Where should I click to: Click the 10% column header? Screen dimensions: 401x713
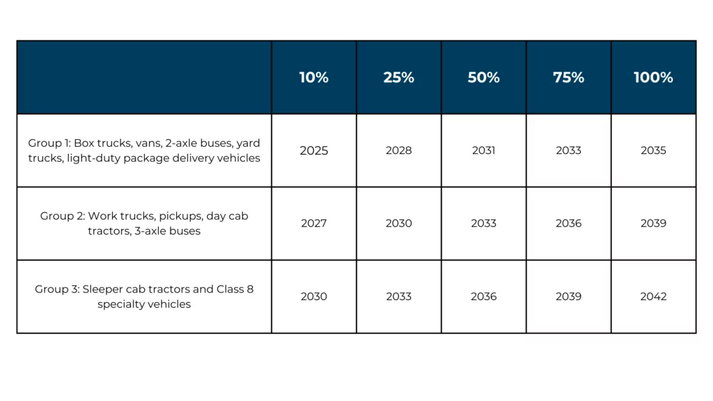tap(313, 77)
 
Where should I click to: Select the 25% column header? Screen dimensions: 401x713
tap(398, 77)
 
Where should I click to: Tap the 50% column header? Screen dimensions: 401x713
tap(483, 77)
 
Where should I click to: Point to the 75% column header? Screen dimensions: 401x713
tap(568, 77)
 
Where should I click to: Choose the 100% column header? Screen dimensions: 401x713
tap(653, 77)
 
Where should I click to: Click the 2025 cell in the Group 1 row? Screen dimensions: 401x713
tap(313, 150)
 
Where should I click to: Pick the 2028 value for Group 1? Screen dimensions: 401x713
tap(398, 150)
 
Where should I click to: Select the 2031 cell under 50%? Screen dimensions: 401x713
tap(483, 150)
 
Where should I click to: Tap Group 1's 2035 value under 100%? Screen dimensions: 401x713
tap(653, 150)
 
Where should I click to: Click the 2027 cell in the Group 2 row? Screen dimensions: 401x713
tap(313, 223)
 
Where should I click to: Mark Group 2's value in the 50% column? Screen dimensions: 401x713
tap(483, 223)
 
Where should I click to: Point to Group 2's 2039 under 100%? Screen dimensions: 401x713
tap(653, 223)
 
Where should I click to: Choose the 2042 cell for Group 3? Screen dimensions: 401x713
tap(653, 297)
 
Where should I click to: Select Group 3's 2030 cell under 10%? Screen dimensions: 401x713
tap(313, 297)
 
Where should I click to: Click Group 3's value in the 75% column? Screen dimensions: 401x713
tap(568, 297)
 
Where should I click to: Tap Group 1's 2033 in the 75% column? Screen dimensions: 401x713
tap(568, 150)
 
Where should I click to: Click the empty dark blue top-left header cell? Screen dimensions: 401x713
tap(144, 77)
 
